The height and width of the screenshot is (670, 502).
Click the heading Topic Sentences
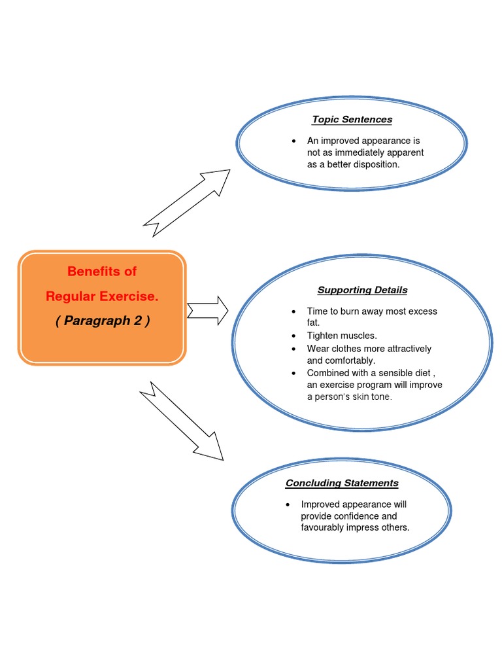pos(352,119)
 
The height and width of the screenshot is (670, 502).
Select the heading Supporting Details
pos(362,290)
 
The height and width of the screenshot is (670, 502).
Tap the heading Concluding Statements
pos(342,483)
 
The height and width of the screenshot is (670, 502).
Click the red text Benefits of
pos(102,272)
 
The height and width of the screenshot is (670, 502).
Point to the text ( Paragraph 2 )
pos(102,321)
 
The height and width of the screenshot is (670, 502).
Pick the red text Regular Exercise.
pos(102,296)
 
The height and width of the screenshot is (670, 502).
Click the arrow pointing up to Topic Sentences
pos(187,203)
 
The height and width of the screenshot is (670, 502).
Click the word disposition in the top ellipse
pos(373,164)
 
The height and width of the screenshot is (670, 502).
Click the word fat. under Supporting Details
pos(314,323)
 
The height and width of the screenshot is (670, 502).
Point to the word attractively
pos(409,348)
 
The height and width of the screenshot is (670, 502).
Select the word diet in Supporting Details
pos(426,373)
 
